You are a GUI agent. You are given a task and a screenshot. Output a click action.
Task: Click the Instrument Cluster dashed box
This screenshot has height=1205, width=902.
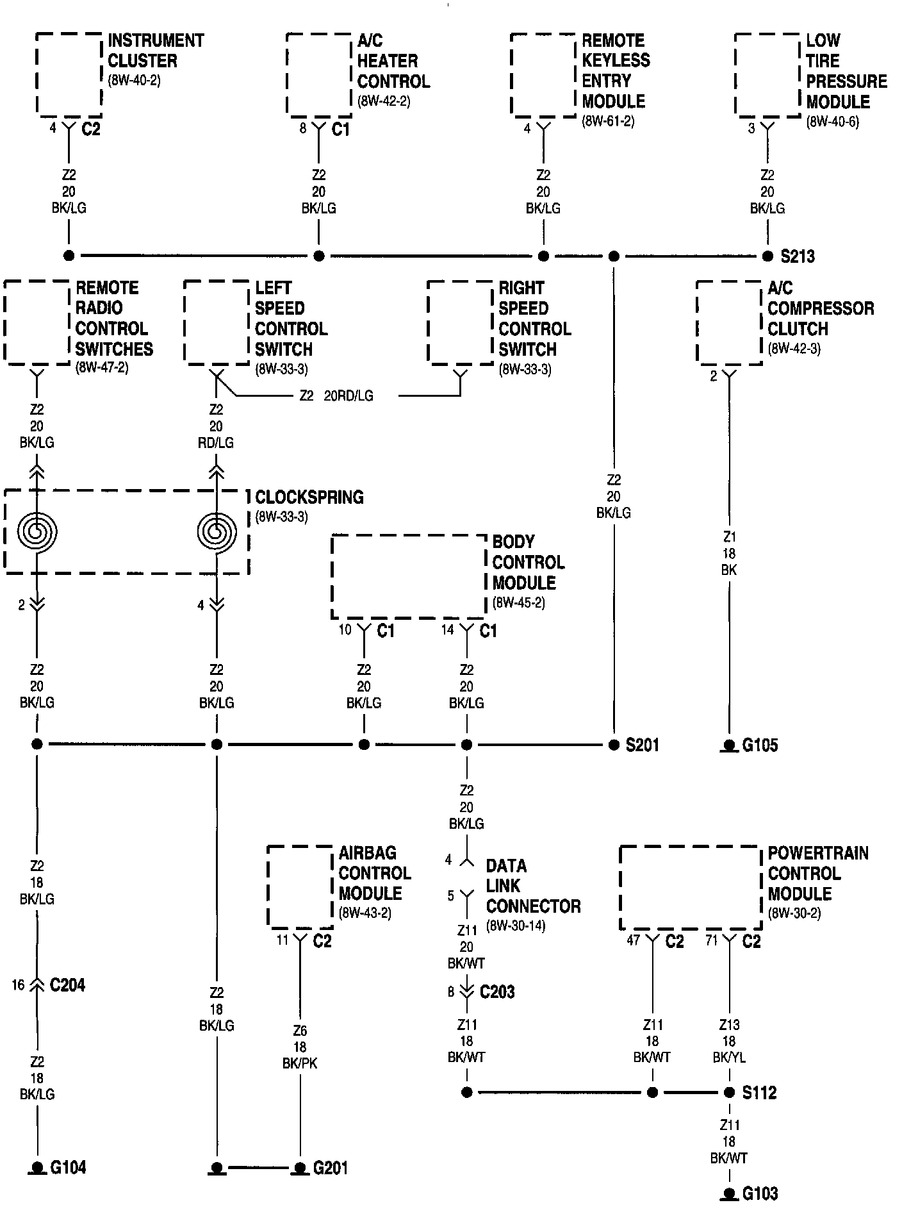69,75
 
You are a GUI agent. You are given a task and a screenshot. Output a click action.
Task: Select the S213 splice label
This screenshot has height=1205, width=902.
798,256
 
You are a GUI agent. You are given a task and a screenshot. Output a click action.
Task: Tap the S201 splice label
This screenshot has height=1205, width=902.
643,745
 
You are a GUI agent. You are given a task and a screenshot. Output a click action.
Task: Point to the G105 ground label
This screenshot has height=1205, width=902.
760,745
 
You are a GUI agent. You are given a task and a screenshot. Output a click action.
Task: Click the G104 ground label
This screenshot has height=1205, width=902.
68,1167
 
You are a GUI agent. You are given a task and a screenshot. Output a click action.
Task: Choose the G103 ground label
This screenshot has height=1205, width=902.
760,1193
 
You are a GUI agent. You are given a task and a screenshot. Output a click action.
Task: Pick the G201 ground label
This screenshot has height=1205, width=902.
330,1168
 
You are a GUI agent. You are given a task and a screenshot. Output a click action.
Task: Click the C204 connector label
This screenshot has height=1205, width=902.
67,985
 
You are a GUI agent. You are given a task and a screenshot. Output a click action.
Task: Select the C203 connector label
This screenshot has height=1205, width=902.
497,992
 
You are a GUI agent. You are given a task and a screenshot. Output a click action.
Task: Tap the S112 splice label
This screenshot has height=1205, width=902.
759,1092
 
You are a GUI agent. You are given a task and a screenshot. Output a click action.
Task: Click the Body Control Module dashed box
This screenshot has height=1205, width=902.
408,576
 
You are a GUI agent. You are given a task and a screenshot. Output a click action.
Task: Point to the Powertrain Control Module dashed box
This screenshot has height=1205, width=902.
691,888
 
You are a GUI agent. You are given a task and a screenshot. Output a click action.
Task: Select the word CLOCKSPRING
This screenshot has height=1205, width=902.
309,497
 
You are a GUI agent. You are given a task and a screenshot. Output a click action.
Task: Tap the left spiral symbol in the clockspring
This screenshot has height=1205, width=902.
37,531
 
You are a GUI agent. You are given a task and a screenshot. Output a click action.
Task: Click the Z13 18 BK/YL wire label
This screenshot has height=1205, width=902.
729,1042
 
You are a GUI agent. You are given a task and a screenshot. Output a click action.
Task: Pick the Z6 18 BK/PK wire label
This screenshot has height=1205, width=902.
300,1047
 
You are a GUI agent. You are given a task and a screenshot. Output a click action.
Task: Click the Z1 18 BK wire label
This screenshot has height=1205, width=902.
729,553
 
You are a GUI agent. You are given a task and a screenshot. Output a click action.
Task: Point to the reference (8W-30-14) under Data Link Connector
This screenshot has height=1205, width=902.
516,926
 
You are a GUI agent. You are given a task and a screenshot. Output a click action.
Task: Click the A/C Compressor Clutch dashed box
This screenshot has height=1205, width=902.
729,322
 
